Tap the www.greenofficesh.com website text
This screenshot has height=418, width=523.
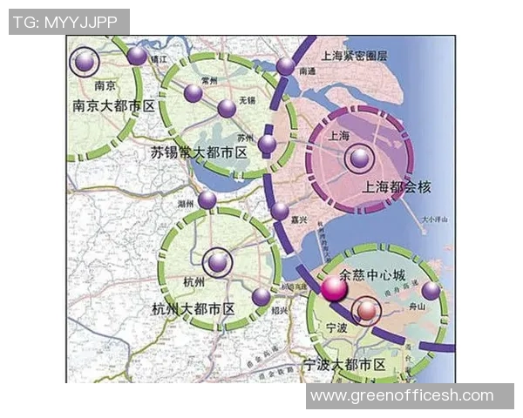pos(402,396)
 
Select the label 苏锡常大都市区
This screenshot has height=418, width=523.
pos(200,152)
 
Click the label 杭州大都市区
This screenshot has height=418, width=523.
pos(194,310)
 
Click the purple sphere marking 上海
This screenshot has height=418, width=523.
pos(359,158)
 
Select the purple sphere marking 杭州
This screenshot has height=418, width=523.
pos(218,261)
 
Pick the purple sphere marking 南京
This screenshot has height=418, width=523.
pos(85,61)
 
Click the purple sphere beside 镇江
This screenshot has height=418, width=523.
pos(137,56)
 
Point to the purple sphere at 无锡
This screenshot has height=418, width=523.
pos(227,108)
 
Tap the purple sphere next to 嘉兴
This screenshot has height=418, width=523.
pos(280,210)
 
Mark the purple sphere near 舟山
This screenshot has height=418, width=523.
pos(431,290)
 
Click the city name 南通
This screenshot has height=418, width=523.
pos(307,73)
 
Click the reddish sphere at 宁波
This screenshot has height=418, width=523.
pos(368,311)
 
